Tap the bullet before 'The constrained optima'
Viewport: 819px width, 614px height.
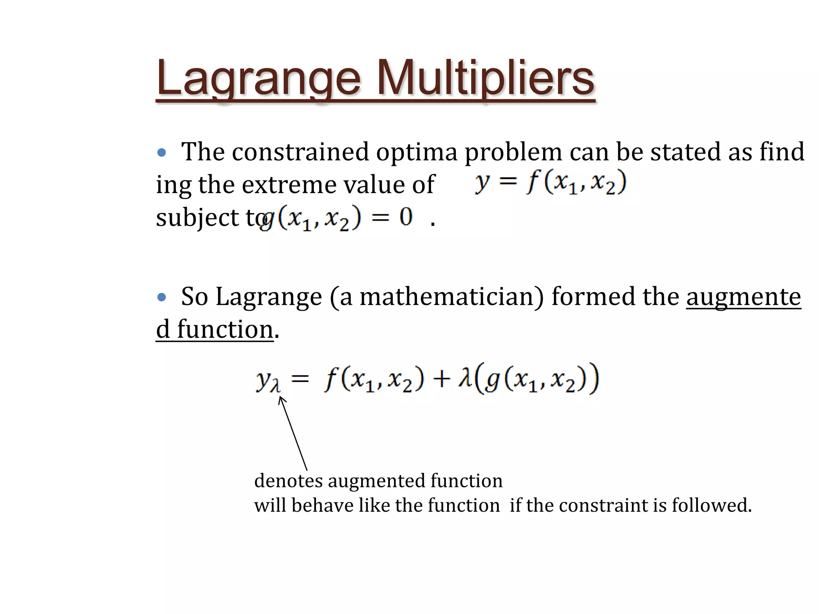(162, 152)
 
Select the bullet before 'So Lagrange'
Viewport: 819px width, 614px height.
(162, 297)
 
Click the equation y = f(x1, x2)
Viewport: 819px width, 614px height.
(550, 183)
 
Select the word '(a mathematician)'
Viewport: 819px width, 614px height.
(437, 297)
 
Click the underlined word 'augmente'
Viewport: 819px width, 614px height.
(743, 297)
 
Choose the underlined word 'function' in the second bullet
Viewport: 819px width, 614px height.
(225, 330)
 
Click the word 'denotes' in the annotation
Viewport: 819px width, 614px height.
(288, 480)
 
